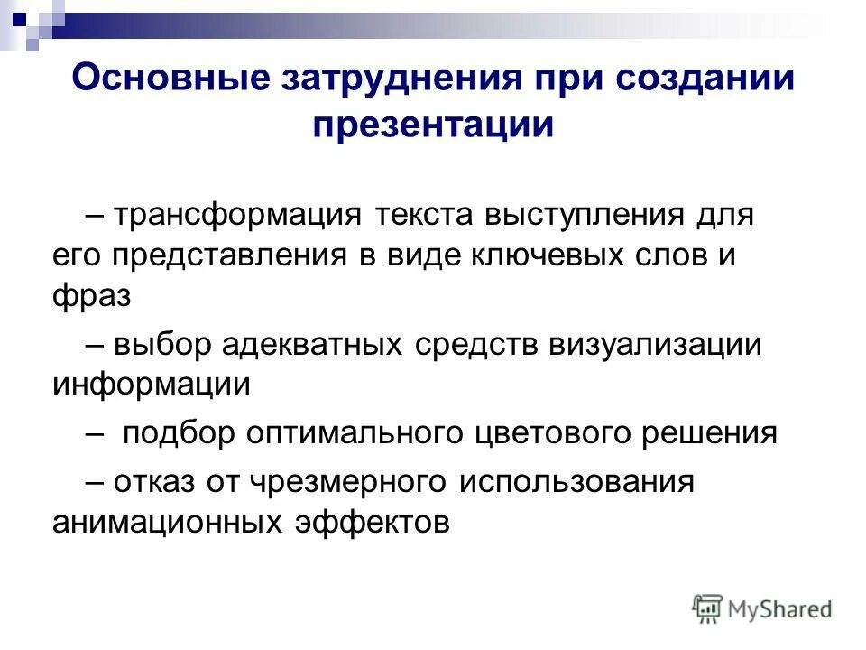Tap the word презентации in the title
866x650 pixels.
click(433, 125)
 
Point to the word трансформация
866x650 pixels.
click(237, 217)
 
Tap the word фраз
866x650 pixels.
click(91, 295)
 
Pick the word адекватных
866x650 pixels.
click(314, 344)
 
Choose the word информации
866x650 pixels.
click(151, 384)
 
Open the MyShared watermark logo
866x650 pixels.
click(762, 609)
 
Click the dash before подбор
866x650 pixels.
click(97, 432)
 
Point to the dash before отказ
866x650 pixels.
click(97, 482)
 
